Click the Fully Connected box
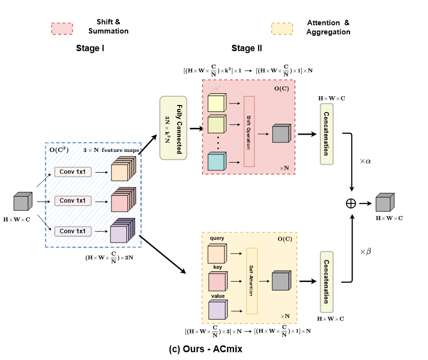click(x=173, y=127)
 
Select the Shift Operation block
click(x=249, y=132)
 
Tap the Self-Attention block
click(x=252, y=281)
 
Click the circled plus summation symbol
click(x=351, y=203)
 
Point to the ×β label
click(x=365, y=252)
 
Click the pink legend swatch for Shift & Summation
click(x=62, y=28)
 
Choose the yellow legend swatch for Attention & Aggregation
click(x=282, y=28)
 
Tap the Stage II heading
click(x=247, y=48)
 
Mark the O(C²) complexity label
click(x=59, y=149)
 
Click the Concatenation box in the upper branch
click(x=326, y=133)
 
